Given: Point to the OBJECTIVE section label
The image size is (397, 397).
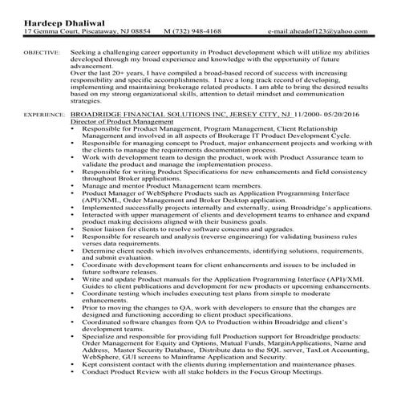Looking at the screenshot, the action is tap(40, 51).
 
